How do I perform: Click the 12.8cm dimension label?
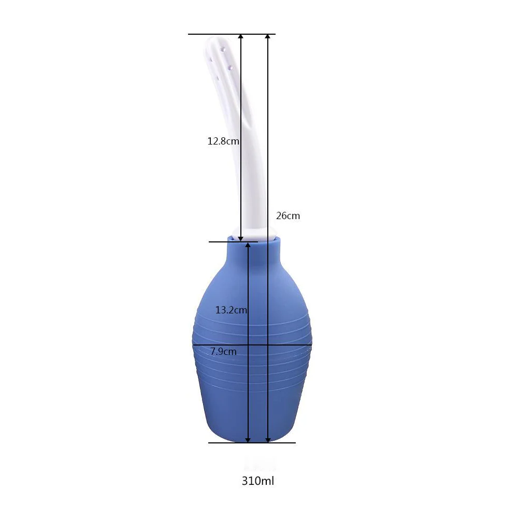[223, 141]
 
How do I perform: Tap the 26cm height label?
[288, 215]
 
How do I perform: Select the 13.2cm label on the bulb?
[231, 310]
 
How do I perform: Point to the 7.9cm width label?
[223, 351]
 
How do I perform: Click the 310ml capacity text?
[258, 481]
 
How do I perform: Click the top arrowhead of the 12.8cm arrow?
[241, 37]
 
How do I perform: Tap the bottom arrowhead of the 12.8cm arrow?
[241, 238]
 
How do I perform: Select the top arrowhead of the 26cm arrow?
[268, 37]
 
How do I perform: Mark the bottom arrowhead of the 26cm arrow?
[268, 440]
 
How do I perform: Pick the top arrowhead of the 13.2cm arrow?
[248, 245]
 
